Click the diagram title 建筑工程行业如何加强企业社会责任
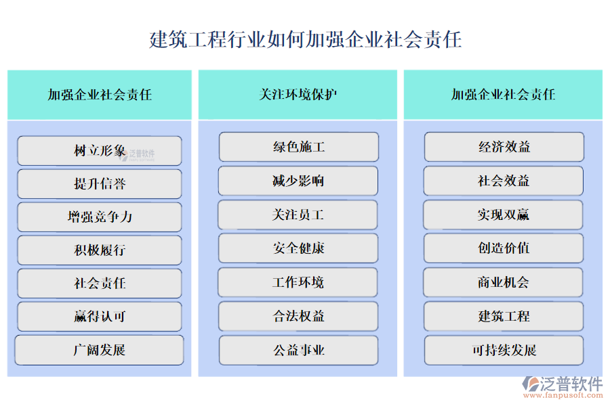305,39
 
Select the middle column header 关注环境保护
298,95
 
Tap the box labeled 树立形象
100,151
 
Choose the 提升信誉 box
100,184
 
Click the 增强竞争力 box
100,217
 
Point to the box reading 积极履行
100,250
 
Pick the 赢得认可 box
100,317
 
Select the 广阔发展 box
100,351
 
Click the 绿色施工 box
298,147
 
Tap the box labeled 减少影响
298,181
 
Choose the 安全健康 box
298,248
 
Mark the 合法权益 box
298,316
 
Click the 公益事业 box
298,351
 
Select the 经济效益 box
504,147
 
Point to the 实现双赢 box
504,215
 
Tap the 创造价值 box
504,248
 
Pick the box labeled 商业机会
504,282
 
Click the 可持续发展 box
504,351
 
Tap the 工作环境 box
298,282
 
